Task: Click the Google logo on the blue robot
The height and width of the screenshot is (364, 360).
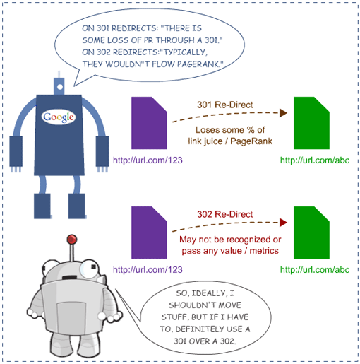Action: point(59,117)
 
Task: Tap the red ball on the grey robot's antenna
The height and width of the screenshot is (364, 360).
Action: point(72,240)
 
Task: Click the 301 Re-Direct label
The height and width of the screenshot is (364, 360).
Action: point(225,105)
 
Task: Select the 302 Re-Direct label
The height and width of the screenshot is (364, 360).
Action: point(225,214)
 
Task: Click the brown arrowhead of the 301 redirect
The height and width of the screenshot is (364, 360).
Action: point(283,113)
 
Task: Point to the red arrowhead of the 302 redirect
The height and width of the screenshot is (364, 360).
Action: point(283,223)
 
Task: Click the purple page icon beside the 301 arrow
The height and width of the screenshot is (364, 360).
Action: point(149,123)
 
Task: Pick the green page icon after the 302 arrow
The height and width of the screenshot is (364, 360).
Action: point(311,233)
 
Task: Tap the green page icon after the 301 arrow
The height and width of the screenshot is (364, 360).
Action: point(311,123)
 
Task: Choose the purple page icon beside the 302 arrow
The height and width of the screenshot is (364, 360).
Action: point(149,233)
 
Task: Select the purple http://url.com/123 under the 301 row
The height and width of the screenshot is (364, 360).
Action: point(148,160)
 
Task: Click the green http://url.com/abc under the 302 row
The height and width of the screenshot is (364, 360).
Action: point(315,270)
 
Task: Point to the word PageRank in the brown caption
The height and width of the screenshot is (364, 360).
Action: point(251,141)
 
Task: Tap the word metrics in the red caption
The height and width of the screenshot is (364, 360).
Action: point(264,251)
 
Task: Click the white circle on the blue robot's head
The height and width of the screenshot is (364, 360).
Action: point(60,87)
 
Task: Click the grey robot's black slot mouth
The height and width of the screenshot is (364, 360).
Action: point(69,278)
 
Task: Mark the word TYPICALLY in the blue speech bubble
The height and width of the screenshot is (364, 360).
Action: point(184,52)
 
